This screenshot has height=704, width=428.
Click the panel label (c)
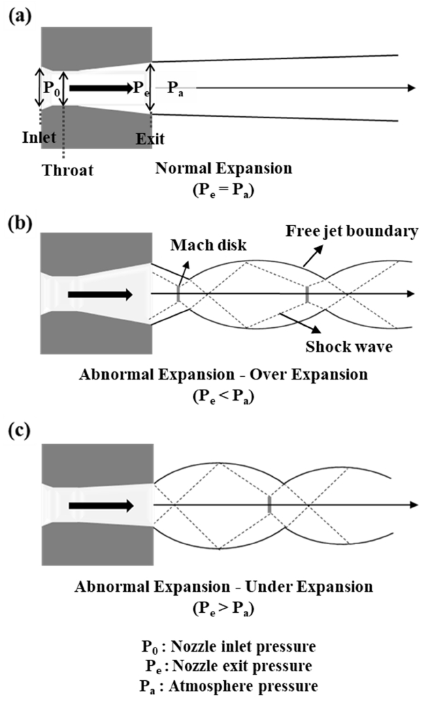pos(18,434)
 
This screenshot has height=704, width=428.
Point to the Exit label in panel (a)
pos(150,139)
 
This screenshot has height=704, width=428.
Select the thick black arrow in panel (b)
pos(100,295)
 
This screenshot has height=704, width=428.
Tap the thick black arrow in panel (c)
pos(101,505)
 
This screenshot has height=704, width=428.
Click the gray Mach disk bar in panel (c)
pos(269,505)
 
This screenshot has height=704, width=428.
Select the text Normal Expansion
pos(218,167)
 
